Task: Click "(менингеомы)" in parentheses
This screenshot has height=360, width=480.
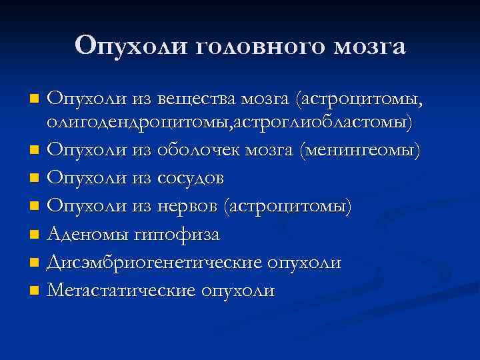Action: pyautogui.click(x=361, y=151)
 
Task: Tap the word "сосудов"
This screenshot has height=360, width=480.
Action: pyautogui.click(x=191, y=179)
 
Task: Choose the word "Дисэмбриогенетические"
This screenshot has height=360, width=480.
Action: pyautogui.click(x=155, y=263)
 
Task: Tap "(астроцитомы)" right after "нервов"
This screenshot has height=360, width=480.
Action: pyautogui.click(x=289, y=207)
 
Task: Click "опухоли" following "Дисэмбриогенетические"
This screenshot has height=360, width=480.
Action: pyautogui.click(x=305, y=263)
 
